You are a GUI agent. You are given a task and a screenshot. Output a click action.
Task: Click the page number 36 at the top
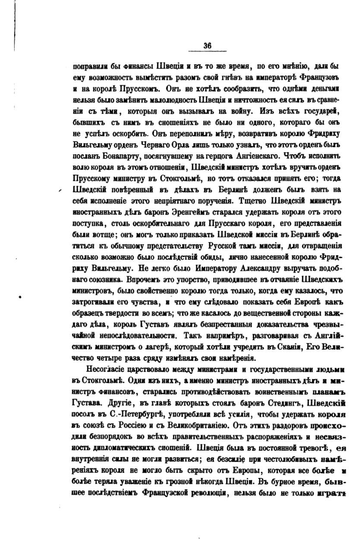pos(207,47)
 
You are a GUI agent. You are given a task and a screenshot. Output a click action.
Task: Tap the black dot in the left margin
pos(20,297)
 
